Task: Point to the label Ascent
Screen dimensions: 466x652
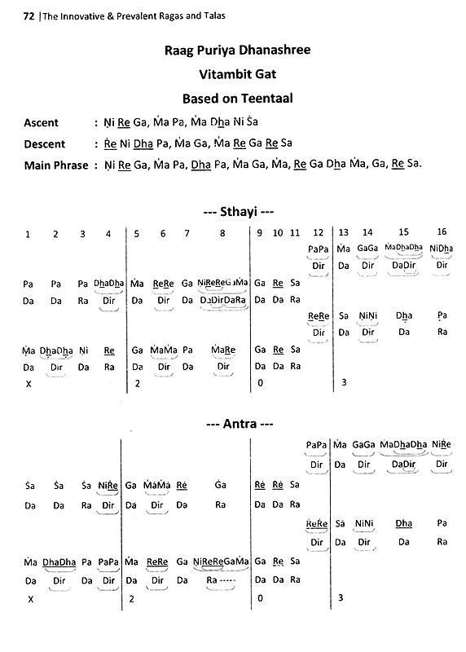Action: [42, 123]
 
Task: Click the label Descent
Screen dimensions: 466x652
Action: [44, 144]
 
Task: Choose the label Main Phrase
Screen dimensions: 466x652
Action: [53, 165]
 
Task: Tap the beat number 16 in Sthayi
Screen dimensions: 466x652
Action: [442, 233]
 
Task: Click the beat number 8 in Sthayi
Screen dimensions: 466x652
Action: [222, 234]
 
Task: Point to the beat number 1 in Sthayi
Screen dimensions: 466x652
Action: [28, 235]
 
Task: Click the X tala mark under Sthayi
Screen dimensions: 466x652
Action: [29, 383]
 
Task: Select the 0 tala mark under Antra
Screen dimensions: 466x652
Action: [259, 598]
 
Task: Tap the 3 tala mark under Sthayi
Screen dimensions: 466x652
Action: [344, 382]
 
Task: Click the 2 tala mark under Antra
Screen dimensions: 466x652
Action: [132, 598]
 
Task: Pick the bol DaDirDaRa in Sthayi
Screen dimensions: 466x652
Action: [222, 300]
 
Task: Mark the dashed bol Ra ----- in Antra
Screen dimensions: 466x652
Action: [222, 580]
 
